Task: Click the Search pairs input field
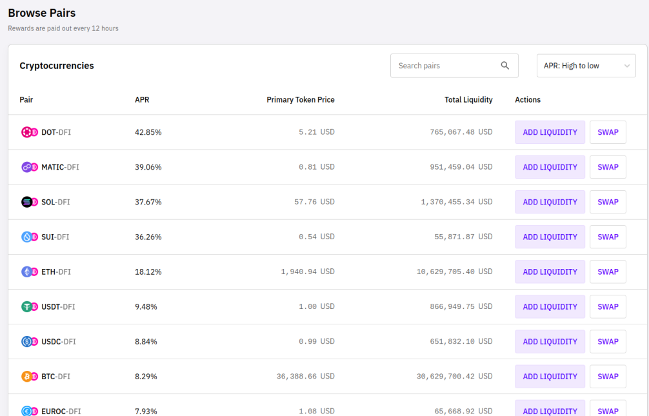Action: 454,65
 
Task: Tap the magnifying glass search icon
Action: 505,65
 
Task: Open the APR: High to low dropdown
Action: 586,65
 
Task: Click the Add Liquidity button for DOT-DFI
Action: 550,132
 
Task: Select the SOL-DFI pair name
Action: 55,202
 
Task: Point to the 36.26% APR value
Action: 148,237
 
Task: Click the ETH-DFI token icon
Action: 30,272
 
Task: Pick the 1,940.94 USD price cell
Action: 308,272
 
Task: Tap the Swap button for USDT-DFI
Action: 608,307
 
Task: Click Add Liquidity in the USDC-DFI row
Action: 550,341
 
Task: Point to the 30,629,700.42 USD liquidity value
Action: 454,376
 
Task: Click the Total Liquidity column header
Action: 468,100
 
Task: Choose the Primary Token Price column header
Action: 301,100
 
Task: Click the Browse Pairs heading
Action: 42,13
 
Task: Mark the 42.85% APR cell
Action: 148,132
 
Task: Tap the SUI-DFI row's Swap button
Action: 608,237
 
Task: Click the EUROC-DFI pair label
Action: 61,411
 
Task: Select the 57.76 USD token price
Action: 314,202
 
